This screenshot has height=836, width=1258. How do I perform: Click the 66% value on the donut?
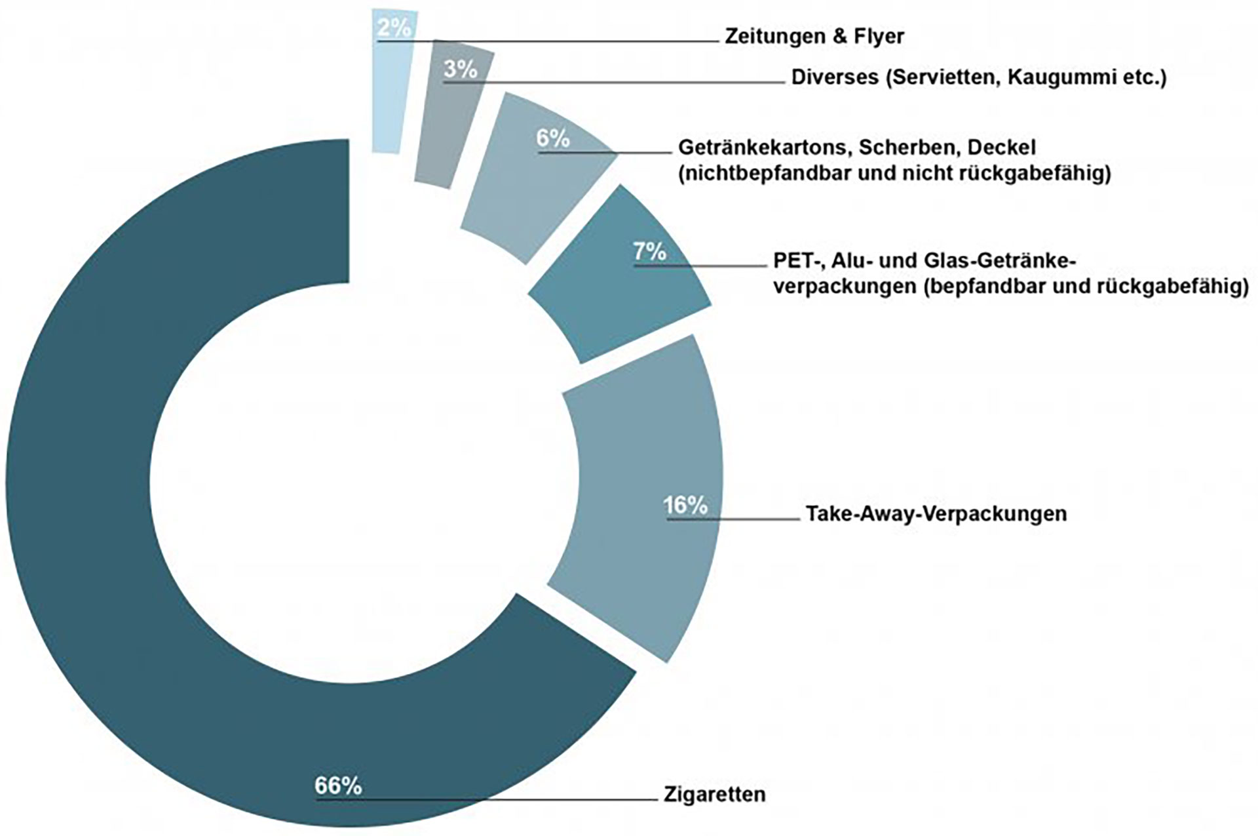(x=338, y=786)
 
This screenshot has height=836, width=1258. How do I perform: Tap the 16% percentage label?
(x=685, y=506)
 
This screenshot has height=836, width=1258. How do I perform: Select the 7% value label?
(x=649, y=251)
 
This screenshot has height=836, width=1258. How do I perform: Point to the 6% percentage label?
(x=553, y=138)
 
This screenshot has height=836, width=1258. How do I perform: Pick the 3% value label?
(x=460, y=69)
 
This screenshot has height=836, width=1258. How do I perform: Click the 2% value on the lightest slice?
(x=394, y=28)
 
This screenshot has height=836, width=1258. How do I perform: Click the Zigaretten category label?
(x=714, y=795)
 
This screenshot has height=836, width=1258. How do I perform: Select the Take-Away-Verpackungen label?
(x=936, y=513)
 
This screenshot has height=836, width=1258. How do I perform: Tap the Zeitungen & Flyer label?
(x=814, y=37)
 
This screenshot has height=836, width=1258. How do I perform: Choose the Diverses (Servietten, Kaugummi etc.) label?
(x=979, y=77)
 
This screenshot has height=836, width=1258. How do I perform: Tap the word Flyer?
(x=878, y=37)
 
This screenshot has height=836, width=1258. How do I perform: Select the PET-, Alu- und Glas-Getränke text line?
(x=924, y=261)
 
